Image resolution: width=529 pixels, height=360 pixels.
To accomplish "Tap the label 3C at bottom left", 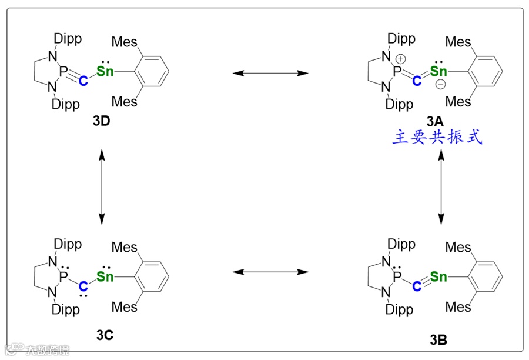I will pyautogui.click(x=105, y=335).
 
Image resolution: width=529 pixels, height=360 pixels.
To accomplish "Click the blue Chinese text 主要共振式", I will pyautogui.click(x=437, y=138).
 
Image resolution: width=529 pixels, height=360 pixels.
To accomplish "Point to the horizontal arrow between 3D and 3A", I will pyautogui.click(x=270, y=73).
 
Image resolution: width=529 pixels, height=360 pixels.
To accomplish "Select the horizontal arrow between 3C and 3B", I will pyautogui.click(x=270, y=272).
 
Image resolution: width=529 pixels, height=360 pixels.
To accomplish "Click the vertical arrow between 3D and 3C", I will pyautogui.click(x=102, y=186).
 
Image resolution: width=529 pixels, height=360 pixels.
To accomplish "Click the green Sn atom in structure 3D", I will pyautogui.click(x=105, y=72).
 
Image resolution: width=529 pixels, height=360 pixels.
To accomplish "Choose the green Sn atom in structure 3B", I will pyautogui.click(x=438, y=276).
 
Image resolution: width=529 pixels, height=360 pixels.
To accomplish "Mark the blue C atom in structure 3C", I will pyautogui.click(x=83, y=286).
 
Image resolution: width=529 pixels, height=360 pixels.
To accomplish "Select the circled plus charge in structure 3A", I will pyautogui.click(x=401, y=59).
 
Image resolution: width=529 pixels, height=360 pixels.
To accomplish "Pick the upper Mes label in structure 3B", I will pyautogui.click(x=458, y=247).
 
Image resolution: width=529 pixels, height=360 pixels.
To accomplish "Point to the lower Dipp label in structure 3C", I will pyautogui.click(x=66, y=309).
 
